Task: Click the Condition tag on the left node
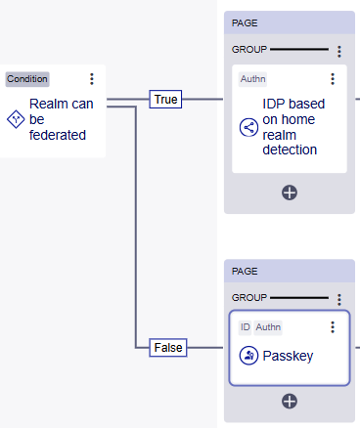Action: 27,79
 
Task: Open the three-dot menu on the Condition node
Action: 92,79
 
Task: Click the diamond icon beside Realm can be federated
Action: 15,118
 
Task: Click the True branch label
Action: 165,100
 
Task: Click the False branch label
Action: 166,346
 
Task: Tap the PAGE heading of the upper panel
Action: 245,21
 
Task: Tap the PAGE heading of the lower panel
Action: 245,270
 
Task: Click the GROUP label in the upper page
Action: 248,49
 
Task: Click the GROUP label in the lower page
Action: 248,297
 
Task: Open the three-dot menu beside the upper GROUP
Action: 339,51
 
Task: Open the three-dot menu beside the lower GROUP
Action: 339,299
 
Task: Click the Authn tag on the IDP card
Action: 252,79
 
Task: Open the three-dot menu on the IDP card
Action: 333,79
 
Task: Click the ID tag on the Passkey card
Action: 245,326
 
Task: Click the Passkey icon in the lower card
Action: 247,356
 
